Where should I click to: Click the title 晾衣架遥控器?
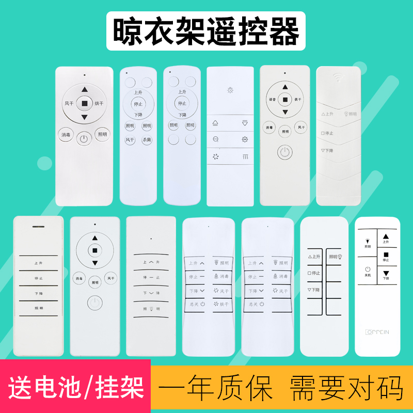point(206,31)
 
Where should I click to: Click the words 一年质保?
point(217,387)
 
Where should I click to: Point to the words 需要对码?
point(346,387)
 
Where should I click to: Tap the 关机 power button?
point(368,271)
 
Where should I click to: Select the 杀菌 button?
point(147,140)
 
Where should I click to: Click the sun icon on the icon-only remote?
point(230,90)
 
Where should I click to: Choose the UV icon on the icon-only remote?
point(245,139)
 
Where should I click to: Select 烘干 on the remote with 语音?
point(297,99)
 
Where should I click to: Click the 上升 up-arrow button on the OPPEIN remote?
point(386,238)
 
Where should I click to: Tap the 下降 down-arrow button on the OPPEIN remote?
point(386,274)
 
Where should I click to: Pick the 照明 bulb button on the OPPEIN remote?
point(368,242)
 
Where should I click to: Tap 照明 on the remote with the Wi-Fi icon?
point(350,114)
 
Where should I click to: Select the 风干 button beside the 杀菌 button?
point(130,140)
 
